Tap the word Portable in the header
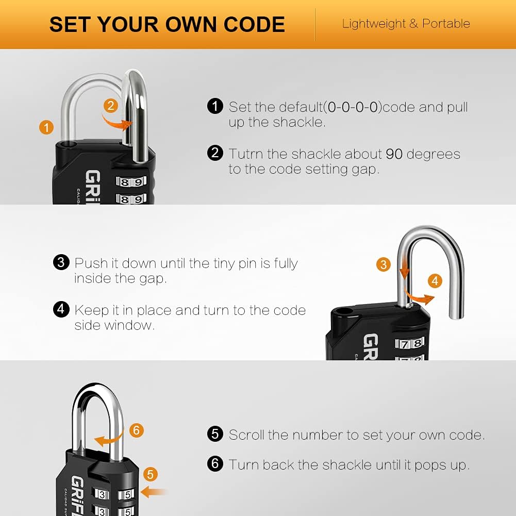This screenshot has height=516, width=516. (x=446, y=24)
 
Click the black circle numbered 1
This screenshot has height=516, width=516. (x=215, y=106)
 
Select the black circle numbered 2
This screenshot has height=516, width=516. (x=215, y=153)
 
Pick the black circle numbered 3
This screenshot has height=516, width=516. (x=61, y=262)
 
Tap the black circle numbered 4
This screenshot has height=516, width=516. (x=61, y=309)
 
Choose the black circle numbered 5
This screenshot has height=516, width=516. (x=215, y=434)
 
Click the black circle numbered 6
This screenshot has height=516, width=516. (x=215, y=463)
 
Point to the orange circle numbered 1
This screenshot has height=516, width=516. (x=46, y=127)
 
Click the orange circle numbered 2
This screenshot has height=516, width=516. (x=111, y=106)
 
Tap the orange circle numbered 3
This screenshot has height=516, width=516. (x=384, y=264)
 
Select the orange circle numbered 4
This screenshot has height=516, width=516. (x=435, y=281)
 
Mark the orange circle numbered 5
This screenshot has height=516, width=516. (x=151, y=474)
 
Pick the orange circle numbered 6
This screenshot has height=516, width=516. (x=137, y=430)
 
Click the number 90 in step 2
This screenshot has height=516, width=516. (x=394, y=154)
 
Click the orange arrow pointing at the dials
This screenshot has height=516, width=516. (x=154, y=492)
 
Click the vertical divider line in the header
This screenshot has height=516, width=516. (x=315, y=24)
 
